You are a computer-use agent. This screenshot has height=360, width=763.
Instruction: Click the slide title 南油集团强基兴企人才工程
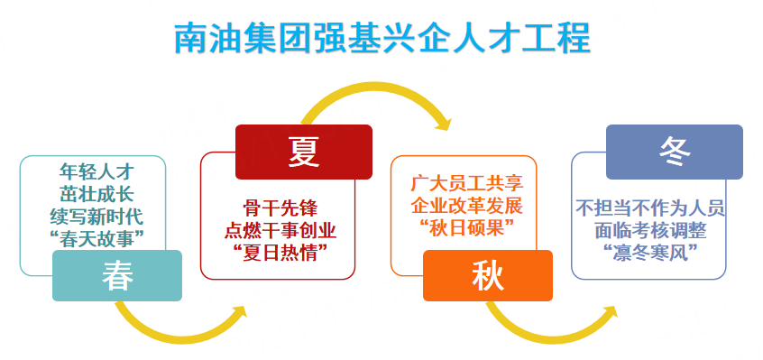point(382,38)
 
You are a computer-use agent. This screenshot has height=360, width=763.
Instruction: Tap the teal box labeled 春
point(117,275)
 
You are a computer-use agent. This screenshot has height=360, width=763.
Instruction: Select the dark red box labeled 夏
point(304,152)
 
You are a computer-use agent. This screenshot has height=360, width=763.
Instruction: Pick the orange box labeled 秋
point(488,275)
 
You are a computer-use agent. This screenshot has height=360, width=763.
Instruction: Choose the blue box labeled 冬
point(675,152)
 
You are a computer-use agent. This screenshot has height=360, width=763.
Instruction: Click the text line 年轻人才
point(97,171)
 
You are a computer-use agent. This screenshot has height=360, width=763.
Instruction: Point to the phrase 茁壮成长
point(97,193)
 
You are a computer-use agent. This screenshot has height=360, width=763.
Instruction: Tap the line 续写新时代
point(97,215)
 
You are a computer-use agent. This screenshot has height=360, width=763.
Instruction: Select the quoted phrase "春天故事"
point(97,237)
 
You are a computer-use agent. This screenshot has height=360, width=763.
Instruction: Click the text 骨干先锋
point(280,208)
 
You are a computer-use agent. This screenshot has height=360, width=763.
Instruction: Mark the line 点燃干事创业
point(280,231)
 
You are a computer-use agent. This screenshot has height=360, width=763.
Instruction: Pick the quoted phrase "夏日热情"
point(280,253)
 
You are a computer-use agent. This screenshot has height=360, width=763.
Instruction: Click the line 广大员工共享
point(466,183)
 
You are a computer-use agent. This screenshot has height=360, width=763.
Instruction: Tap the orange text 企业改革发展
point(466,206)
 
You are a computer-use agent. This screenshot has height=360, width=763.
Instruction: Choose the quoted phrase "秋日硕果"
point(466,228)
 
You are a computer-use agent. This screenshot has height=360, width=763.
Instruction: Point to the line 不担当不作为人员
point(650,208)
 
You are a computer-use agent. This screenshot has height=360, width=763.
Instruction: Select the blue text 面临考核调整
point(650,230)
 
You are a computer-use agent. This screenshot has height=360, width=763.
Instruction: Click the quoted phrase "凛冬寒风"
point(650,253)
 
